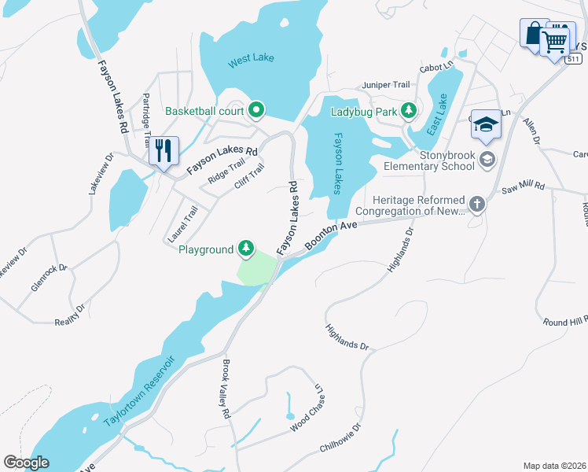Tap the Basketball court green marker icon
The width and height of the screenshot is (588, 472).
click(x=255, y=110)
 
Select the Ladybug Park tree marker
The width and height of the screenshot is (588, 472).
click(x=408, y=111)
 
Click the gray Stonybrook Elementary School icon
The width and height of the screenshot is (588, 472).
click(x=487, y=160)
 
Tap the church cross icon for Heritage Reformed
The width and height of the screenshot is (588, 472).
click(x=476, y=205)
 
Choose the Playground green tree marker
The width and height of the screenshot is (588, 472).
click(x=247, y=249)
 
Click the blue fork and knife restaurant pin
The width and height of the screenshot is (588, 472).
click(x=163, y=150)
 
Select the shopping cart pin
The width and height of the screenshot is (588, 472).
click(x=557, y=40)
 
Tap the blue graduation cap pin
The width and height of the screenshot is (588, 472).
click(x=487, y=125)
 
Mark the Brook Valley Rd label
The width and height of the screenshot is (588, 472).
click(x=225, y=389)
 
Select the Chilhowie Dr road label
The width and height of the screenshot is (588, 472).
click(x=340, y=438)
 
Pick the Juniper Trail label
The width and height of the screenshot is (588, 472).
click(x=386, y=84)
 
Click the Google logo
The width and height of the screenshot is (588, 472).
click(x=26, y=462)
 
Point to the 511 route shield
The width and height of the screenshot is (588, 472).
click(x=574, y=59)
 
